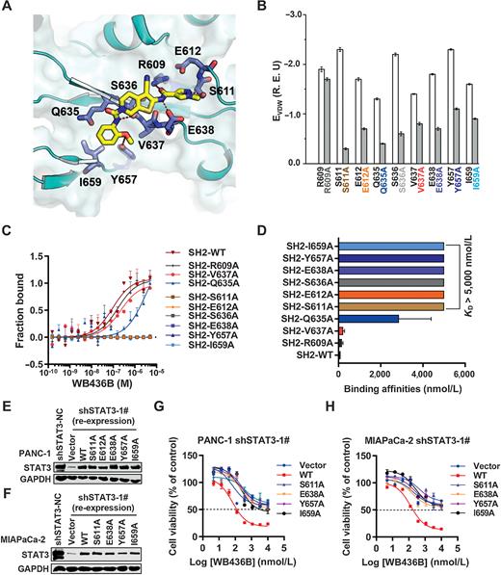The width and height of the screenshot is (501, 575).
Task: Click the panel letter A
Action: (x=10, y=9)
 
